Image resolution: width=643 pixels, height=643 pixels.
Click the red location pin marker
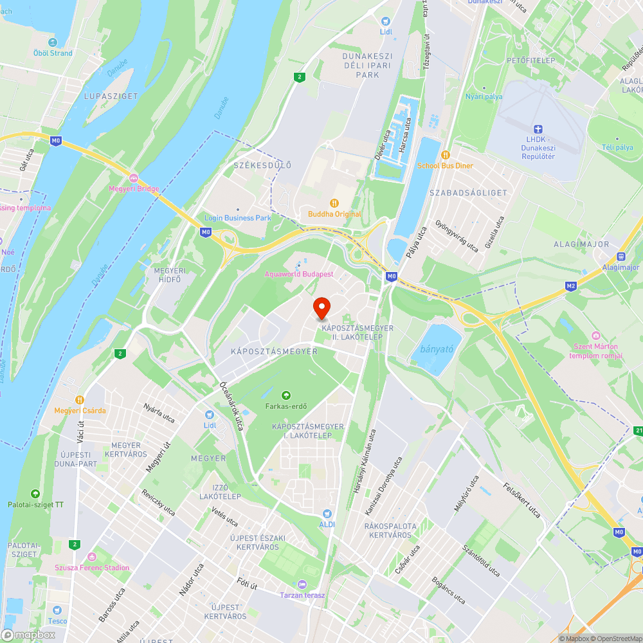(321, 307)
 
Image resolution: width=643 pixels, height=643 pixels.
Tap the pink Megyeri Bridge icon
(134, 177)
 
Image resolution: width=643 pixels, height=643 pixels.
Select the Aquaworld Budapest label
(299, 274)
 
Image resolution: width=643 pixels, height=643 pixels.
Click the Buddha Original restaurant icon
(334, 203)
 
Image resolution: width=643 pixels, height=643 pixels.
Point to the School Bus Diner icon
(445, 155)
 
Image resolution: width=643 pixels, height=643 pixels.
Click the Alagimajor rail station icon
(620, 256)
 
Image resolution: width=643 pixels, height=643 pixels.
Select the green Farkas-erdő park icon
(286, 395)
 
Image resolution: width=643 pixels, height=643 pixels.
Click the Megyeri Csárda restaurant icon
(80, 399)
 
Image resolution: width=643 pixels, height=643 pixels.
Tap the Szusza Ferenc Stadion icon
(92, 556)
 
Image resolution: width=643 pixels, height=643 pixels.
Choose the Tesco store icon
(57, 610)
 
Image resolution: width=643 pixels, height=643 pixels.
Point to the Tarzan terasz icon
(302, 584)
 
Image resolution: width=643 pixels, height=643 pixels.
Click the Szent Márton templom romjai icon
(595, 336)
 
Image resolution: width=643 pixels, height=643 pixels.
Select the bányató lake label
(437, 350)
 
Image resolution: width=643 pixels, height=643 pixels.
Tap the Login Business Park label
(238, 218)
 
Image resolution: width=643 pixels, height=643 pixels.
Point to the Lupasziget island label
(111, 96)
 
